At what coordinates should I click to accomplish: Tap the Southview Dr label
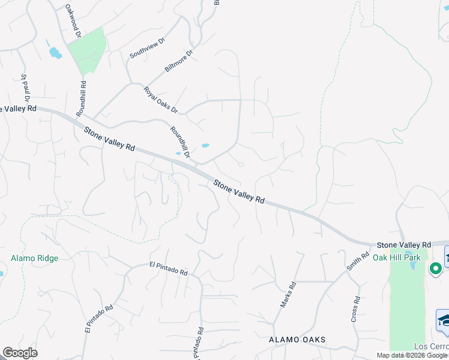click(147, 49)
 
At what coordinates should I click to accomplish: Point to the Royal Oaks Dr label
click(161, 100)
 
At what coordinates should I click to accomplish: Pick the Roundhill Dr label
click(180, 142)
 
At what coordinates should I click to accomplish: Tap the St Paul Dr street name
click(25, 87)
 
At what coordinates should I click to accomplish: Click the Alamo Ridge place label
click(34, 259)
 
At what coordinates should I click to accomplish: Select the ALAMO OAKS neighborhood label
click(297, 340)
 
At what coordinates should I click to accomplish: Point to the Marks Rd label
click(289, 295)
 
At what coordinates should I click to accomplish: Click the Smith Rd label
click(357, 261)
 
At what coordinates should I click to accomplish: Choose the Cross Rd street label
click(357, 308)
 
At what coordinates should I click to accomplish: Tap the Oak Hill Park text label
click(397, 257)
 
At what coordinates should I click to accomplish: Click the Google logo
click(20, 353)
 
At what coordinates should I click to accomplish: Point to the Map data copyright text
click(412, 355)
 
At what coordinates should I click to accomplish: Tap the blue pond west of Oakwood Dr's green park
click(55, 53)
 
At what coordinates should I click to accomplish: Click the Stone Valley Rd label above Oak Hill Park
click(404, 245)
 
